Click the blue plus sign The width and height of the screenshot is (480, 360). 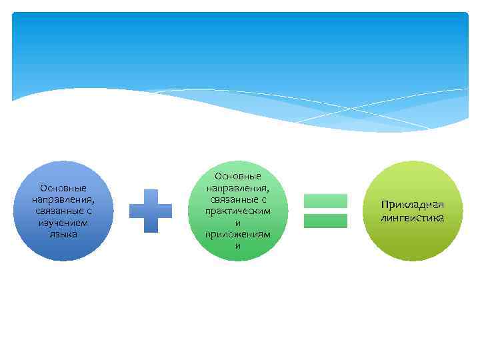pos(150,211)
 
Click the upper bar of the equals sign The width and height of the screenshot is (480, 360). pos(325,201)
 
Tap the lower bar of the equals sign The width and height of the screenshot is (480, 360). pos(325,221)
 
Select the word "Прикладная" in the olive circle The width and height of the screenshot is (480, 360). pos(413,205)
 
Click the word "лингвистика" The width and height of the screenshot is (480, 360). pos(413,217)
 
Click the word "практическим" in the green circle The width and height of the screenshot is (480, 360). pos(238,211)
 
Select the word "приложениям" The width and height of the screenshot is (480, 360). pos(238,235)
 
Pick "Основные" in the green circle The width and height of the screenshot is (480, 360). pos(238,176)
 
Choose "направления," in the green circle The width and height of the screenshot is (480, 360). pos(238,188)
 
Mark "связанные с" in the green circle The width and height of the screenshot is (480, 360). pos(238,199)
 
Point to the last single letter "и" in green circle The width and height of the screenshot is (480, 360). pos(238,247)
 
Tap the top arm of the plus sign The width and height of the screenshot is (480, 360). pos(150,195)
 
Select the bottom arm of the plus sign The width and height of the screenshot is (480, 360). pos(150,226)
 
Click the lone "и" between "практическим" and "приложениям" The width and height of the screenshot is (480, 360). pos(238,223)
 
